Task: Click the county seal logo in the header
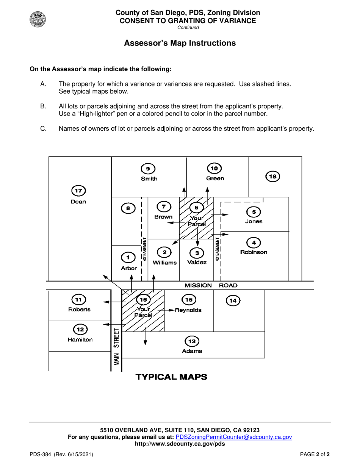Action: (38, 19)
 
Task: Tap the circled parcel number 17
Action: (78, 191)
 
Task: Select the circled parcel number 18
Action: (273, 177)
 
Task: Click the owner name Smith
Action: (149, 179)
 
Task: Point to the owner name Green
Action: (215, 178)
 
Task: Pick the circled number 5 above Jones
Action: (254, 212)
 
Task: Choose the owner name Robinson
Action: (254, 252)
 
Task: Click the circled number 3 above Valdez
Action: (197, 253)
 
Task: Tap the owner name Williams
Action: (164, 263)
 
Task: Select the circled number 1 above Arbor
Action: (128, 257)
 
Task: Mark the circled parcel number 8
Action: (128, 208)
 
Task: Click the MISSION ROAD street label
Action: (211, 285)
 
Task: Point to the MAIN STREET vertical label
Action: (116, 347)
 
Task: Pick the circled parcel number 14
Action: (233, 301)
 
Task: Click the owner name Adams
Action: (192, 351)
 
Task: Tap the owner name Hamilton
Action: (80, 339)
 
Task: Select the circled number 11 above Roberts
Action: (78, 300)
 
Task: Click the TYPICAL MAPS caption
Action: (171, 377)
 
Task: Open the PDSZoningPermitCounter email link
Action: (234, 437)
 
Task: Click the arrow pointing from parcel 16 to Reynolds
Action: (166, 310)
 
